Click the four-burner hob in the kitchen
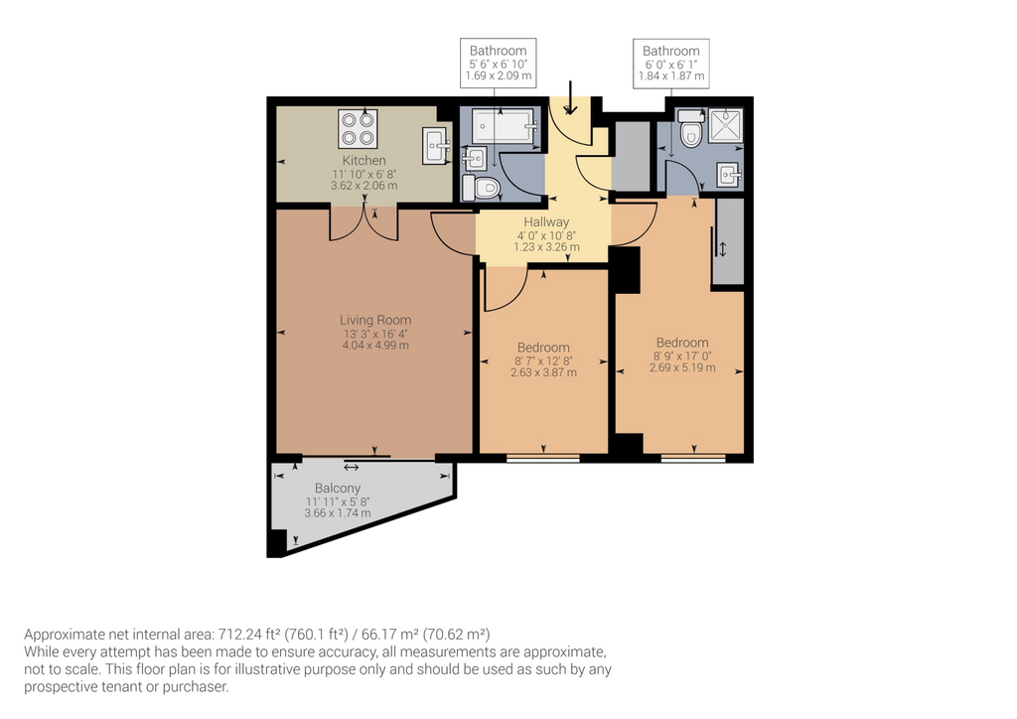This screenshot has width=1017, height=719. tap(358, 128)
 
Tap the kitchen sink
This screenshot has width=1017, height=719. tap(437, 146)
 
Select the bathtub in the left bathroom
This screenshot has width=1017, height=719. tap(504, 126)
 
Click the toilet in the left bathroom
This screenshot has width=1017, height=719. tap(481, 188)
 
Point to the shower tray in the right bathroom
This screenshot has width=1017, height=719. tap(725, 126)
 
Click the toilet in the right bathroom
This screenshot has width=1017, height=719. tap(690, 128)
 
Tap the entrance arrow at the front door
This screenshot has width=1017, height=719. tap(570, 97)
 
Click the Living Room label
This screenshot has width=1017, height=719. tap(375, 320)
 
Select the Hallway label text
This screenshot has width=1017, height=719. tap(547, 221)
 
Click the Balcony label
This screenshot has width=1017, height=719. tap(338, 489)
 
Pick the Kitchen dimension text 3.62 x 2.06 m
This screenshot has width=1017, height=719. tap(363, 186)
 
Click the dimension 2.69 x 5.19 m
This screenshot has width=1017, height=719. tap(682, 367)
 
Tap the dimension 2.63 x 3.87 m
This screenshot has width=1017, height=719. tap(543, 372)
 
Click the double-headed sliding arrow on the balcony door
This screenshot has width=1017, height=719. tap(351, 467)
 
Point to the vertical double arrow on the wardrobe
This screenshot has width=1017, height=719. tap(723, 249)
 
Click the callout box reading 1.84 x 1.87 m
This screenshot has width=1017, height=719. tap(671, 64)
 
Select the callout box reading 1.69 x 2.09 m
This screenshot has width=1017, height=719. tap(499, 63)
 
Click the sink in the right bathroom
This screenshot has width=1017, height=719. tap(730, 175)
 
